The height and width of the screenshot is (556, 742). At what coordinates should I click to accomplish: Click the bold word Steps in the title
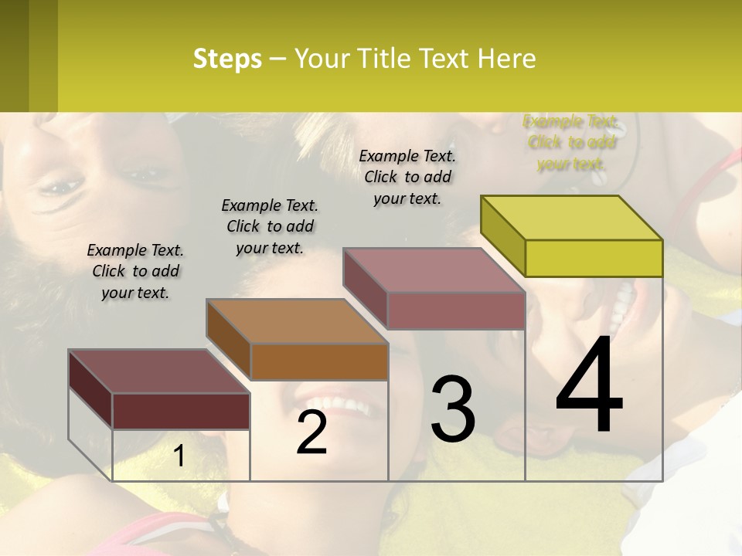227,59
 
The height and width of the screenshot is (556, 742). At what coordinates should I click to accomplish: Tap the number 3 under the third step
453,409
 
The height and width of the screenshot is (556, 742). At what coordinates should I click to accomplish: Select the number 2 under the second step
312,432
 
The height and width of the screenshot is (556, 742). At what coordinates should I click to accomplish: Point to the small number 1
179,456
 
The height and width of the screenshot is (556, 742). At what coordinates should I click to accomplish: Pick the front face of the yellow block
594,258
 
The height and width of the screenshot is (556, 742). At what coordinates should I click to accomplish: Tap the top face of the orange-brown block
297,320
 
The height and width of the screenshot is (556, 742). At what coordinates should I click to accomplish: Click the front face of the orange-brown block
319,361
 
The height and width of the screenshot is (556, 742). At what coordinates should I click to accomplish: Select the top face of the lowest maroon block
158,371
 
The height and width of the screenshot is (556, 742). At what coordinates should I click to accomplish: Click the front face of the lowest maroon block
181,411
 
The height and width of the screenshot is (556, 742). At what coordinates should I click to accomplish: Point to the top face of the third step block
434,270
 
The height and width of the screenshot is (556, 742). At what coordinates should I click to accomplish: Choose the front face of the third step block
456,310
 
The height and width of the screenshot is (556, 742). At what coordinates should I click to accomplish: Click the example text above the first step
135,271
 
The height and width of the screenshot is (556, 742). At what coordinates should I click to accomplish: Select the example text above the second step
270,226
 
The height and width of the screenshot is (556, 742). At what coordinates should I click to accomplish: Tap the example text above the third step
407,177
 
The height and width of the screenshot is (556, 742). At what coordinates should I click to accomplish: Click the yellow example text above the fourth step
571,142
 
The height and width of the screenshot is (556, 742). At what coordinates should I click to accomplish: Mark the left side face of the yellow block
503,236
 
